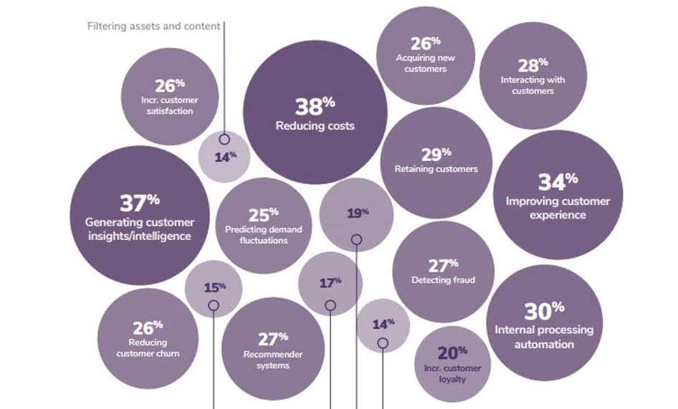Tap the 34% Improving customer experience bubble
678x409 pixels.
tap(558, 194)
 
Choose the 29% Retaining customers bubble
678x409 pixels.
tap(436, 162)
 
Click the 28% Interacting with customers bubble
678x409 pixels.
tap(533, 76)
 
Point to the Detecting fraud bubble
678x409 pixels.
tap(443, 271)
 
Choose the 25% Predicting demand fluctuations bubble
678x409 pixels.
tap(264, 226)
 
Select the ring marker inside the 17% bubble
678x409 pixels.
tap(330, 304)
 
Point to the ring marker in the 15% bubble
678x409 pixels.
tap(214, 306)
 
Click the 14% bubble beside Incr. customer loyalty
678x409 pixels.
tap(383, 325)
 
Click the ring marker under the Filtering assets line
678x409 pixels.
tap(224, 139)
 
